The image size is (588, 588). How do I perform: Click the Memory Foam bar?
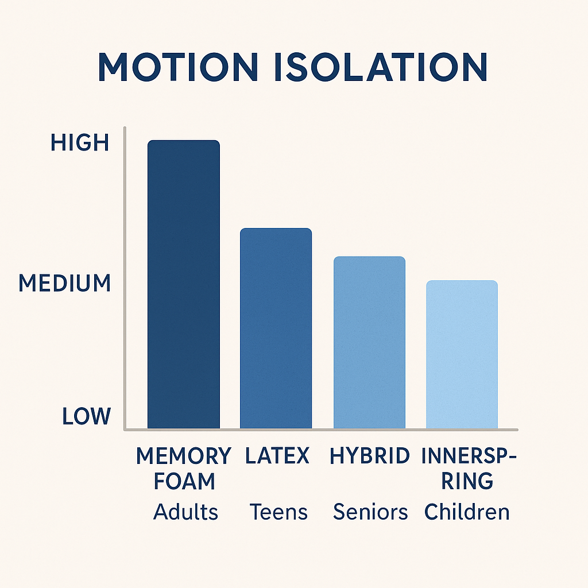point(184,284)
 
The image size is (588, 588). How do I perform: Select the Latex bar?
point(276,328)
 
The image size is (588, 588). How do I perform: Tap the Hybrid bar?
point(369,343)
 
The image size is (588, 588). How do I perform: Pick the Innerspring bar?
point(462,354)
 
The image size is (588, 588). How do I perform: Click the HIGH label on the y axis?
point(80,142)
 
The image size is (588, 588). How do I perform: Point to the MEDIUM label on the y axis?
point(64,283)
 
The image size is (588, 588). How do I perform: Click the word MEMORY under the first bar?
point(184,457)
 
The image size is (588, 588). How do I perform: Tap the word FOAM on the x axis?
point(184,481)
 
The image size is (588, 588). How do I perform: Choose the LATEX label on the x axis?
point(277,457)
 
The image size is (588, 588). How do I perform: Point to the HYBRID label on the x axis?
point(370,457)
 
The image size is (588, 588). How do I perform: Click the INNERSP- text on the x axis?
point(469,457)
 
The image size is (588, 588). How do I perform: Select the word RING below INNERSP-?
point(467,481)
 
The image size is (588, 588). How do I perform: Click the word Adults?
point(185,512)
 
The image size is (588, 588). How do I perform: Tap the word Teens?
point(278,512)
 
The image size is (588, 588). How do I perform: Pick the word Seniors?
point(370,512)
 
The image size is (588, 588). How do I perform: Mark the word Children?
point(467,512)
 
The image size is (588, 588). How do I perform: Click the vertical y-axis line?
point(125,276)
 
